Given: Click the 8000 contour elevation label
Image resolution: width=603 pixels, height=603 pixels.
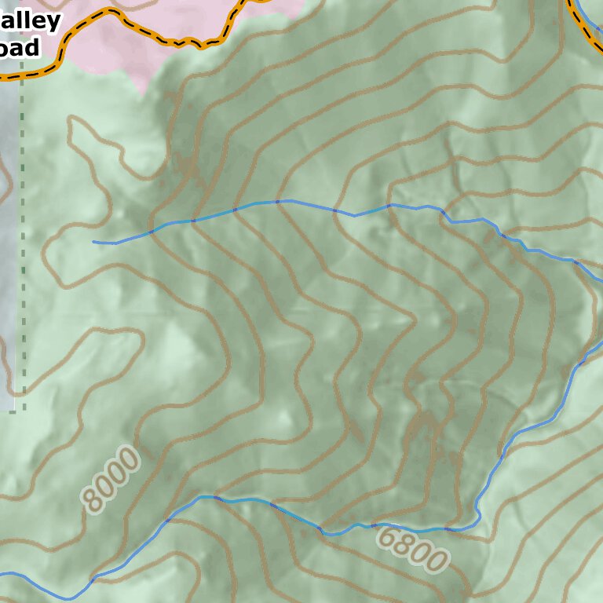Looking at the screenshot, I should coord(111,479).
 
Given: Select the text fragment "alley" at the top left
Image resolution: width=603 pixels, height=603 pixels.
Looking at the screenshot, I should coord(31,20).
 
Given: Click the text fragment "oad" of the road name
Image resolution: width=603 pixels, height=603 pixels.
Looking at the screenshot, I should coord(20,47).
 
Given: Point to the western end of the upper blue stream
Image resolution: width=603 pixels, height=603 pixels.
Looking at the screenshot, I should coord(94,242).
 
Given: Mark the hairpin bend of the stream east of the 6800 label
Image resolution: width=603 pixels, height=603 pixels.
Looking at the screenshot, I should coord(478,518).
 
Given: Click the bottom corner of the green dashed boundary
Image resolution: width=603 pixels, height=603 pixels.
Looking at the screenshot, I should coord(23,409).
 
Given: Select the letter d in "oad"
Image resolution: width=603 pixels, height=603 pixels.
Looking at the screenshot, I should coord(32,47).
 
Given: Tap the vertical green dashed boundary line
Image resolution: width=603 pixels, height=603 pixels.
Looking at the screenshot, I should coord(22,236).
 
